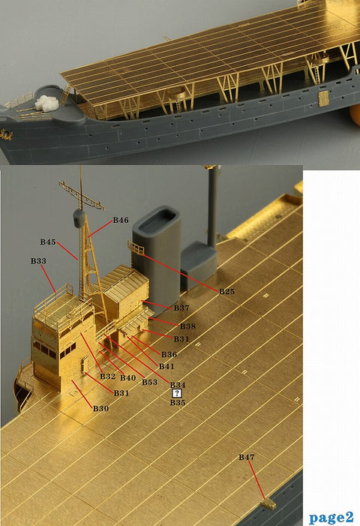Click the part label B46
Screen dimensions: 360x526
tap(121, 220)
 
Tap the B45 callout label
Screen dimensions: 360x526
tap(48, 242)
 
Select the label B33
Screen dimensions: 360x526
tap(38, 261)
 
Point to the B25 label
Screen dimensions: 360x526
tap(226, 292)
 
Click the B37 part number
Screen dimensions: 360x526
tap(181, 308)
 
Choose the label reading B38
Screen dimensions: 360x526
tap(187, 326)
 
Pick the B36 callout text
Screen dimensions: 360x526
tap(169, 355)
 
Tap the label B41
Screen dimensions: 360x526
tap(166, 366)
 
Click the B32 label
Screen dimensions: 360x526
tap(107, 377)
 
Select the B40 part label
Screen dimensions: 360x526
tap(128, 377)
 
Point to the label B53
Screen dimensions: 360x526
tap(149, 382)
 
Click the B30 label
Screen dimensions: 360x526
tap(101, 409)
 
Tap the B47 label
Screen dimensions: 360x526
tap(246, 457)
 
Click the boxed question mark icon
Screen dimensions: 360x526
tap(177, 393)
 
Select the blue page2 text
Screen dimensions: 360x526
tap(331, 517)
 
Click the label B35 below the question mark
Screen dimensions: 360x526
tap(178, 402)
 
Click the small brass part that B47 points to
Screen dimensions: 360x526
tap(268, 503)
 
